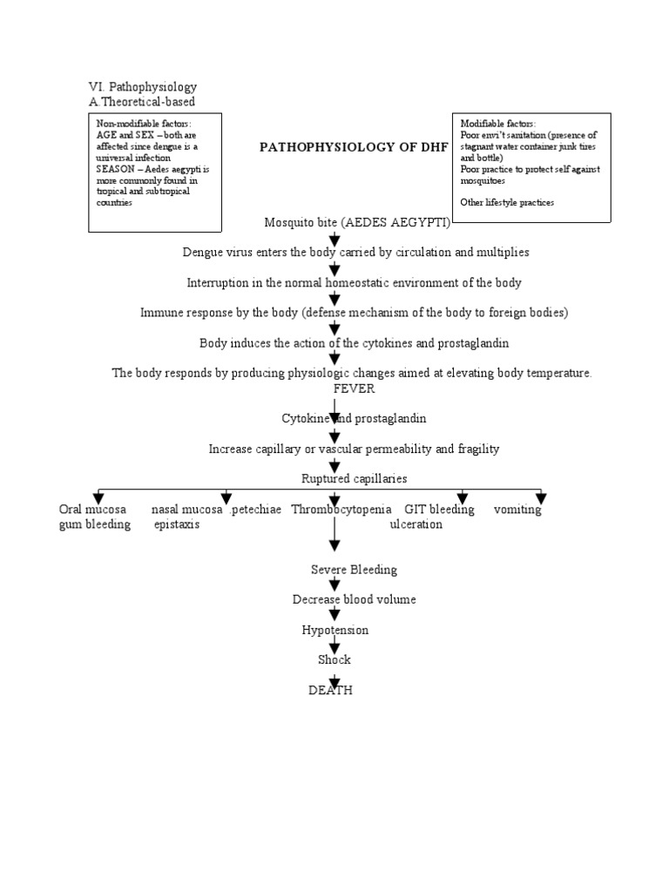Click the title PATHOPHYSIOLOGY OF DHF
(x=354, y=147)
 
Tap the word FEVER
(x=354, y=389)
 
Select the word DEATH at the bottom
(x=330, y=690)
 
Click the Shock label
(x=334, y=659)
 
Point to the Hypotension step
(x=335, y=630)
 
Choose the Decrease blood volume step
(x=354, y=599)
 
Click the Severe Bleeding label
(x=354, y=570)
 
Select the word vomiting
(x=517, y=510)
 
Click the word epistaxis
(x=177, y=524)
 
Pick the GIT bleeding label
(x=439, y=510)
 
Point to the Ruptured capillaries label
(x=354, y=479)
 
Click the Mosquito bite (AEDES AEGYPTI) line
(x=357, y=222)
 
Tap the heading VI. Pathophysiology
(x=143, y=87)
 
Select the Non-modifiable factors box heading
(x=144, y=124)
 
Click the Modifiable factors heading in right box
(x=498, y=124)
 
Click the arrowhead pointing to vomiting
(x=541, y=498)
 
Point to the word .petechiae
(x=255, y=510)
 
